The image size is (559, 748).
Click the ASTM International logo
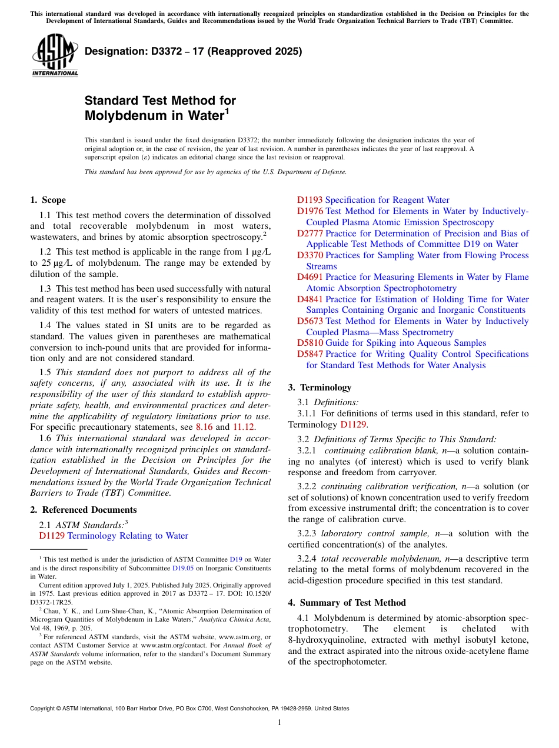[55, 55]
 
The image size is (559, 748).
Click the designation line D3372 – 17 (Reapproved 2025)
[193, 51]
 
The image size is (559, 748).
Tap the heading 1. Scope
[48, 200]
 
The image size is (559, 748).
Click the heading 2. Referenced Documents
[83, 510]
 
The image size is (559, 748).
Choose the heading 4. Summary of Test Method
[347, 603]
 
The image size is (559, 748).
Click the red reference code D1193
[310, 200]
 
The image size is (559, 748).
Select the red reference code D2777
[310, 233]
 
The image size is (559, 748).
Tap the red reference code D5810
[310, 343]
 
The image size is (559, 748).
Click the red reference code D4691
[310, 277]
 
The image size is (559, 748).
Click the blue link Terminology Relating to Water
[128, 536]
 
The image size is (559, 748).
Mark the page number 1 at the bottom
[279, 723]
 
